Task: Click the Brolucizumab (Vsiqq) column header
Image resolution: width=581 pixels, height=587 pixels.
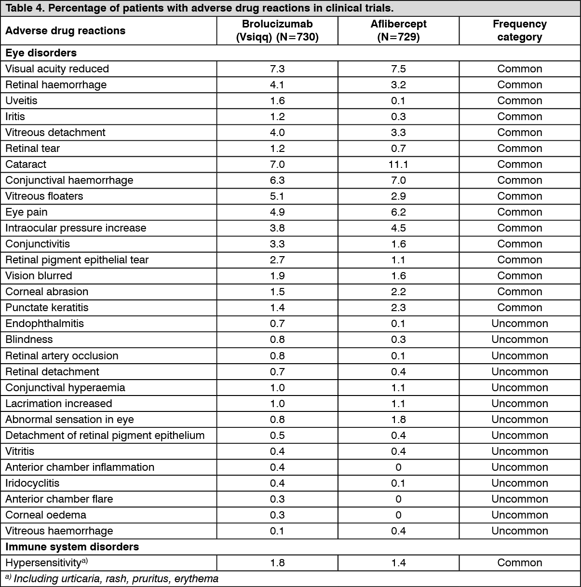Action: point(277,30)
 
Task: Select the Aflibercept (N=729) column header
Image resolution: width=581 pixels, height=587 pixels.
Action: point(398,30)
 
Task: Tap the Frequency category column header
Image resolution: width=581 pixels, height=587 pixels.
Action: point(519,30)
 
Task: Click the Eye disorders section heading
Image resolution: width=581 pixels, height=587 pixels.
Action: point(41,53)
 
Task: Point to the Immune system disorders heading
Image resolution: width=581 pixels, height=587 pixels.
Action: point(72,546)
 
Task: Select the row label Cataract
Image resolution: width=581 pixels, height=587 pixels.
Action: point(26,164)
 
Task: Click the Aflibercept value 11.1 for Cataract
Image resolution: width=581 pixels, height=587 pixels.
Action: point(398,164)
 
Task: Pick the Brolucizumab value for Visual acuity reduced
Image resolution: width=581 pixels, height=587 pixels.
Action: point(277,68)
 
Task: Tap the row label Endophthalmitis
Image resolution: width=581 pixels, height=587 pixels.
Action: point(44,323)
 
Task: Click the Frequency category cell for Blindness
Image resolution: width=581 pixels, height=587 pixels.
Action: point(519,339)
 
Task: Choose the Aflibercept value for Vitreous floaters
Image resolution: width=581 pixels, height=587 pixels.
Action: point(398,196)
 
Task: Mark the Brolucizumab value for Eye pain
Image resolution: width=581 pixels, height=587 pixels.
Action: point(277,212)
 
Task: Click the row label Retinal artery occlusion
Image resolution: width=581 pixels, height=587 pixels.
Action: point(62,355)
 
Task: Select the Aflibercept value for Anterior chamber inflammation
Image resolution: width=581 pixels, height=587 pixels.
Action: point(398,467)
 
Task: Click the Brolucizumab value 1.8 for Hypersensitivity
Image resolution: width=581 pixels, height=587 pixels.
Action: point(277,562)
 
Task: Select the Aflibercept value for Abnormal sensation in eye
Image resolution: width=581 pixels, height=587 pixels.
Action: point(398,419)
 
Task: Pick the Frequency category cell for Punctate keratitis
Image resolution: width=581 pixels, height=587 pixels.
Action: point(519,307)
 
